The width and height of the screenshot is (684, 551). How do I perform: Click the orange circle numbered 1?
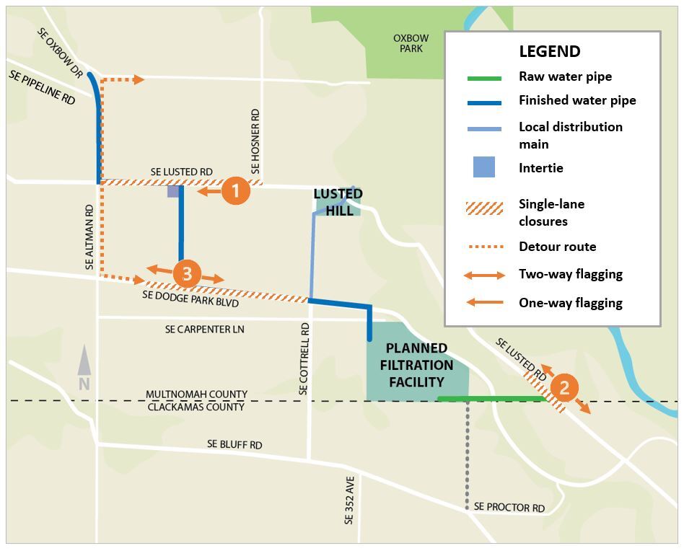[235, 191]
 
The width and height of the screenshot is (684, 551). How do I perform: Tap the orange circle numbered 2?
[564, 388]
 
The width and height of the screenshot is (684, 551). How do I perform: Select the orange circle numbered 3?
[187, 274]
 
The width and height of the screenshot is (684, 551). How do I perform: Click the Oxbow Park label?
[411, 43]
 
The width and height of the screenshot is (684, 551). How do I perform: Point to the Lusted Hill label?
[338, 203]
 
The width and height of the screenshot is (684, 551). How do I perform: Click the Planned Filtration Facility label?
[416, 365]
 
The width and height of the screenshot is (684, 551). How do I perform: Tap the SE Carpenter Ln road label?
[204, 329]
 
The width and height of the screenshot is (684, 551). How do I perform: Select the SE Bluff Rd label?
[234, 444]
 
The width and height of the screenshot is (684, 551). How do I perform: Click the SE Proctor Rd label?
[509, 508]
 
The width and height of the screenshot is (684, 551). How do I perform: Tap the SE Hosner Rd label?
[255, 141]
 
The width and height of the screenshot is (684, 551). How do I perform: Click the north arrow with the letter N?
[84, 368]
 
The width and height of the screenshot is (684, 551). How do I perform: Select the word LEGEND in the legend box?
[549, 51]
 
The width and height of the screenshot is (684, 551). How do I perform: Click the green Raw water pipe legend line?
[484, 77]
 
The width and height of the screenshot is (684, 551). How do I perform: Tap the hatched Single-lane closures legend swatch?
[484, 208]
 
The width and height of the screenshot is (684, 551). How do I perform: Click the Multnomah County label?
[196, 394]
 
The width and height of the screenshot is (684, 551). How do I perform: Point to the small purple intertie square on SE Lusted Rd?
[173, 192]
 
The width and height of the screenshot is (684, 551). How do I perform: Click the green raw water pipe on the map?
[491, 398]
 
